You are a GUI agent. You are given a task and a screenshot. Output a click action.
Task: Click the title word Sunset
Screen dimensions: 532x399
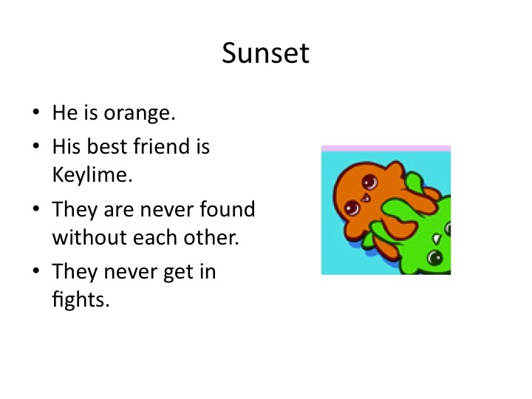click(266, 53)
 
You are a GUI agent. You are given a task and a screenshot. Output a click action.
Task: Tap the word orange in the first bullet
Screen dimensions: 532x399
click(140, 114)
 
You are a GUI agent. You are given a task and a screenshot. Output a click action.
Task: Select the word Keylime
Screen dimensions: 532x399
click(92, 174)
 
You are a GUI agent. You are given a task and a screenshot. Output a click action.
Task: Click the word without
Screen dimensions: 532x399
click(89, 237)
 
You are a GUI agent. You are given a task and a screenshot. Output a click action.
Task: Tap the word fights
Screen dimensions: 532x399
click(81, 299)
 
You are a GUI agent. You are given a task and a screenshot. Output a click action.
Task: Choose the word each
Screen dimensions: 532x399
click(155, 237)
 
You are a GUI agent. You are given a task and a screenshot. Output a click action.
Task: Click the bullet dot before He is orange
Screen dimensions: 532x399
click(36, 112)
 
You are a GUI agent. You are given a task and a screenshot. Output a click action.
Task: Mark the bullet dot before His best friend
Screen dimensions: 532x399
click(36, 146)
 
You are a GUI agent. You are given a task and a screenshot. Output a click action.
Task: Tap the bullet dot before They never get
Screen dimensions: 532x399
click(36, 270)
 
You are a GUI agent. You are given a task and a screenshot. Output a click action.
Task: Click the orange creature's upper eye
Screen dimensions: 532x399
click(370, 182)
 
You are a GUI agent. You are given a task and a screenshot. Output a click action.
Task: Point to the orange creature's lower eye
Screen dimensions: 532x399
click(352, 208)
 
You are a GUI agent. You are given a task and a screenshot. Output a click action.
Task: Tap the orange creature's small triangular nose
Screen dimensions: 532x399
click(366, 197)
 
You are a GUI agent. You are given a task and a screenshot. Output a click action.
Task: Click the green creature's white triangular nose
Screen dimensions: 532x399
click(437, 239)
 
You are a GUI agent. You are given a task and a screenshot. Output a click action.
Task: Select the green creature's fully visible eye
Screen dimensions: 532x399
click(435, 258)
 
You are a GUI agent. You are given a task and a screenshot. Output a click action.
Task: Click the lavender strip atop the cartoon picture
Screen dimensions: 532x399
click(386, 149)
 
